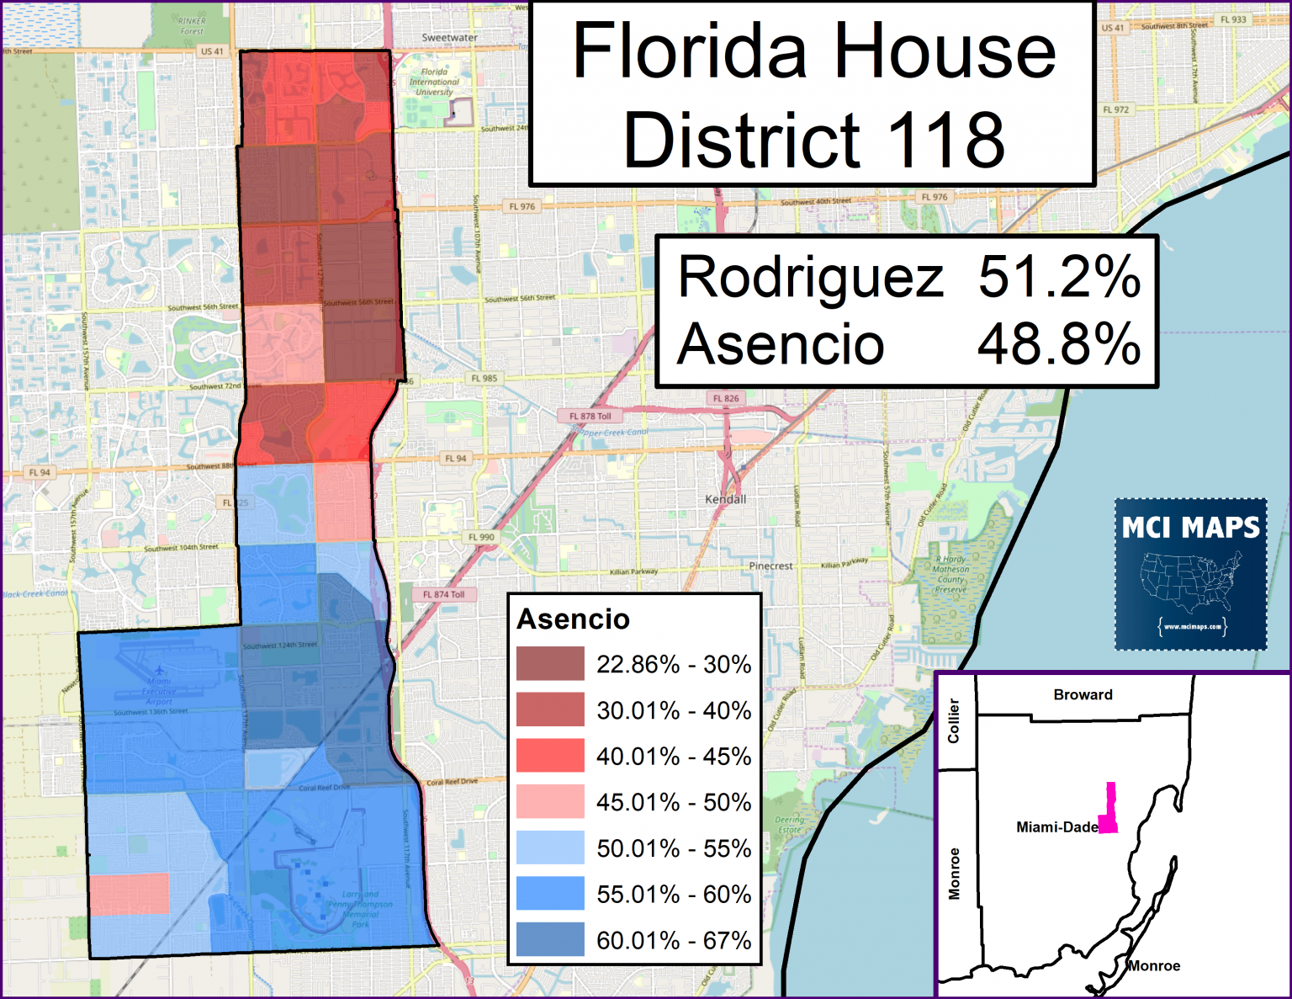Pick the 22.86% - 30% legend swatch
[x=550, y=663]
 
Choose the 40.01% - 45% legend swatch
[x=550, y=755]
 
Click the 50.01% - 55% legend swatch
[x=550, y=848]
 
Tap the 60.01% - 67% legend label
[x=674, y=940]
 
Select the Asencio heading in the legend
[x=573, y=619]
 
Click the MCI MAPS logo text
[x=1190, y=528]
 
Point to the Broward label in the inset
[x=1083, y=694]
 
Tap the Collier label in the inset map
[x=954, y=720]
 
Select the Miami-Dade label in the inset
[x=1056, y=827]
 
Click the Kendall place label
[x=725, y=499]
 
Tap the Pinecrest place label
[x=770, y=566]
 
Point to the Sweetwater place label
[x=449, y=38]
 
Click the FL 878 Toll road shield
[x=590, y=416]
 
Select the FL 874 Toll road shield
[x=443, y=594]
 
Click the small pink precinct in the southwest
[x=129, y=894]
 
